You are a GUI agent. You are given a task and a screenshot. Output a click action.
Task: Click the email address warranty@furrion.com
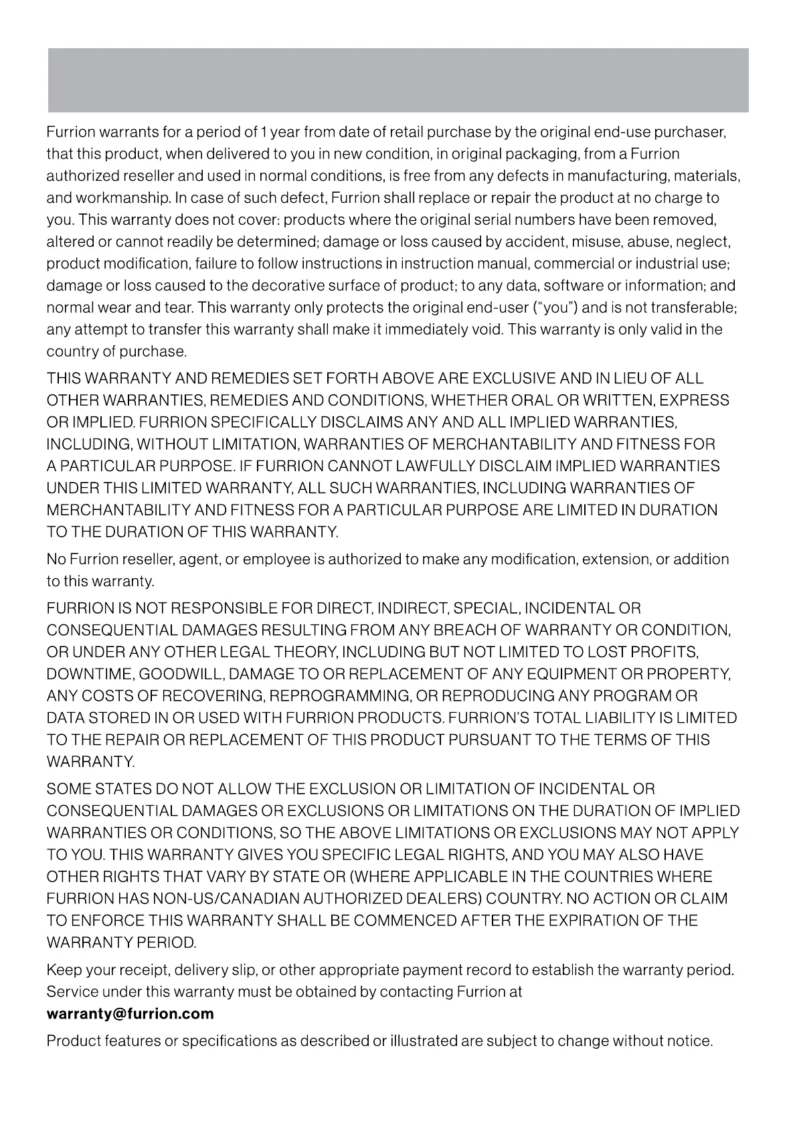click(x=130, y=1013)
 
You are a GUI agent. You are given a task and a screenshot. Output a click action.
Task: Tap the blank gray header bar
click(x=398, y=80)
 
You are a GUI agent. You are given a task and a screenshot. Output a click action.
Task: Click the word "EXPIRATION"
click(x=593, y=921)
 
